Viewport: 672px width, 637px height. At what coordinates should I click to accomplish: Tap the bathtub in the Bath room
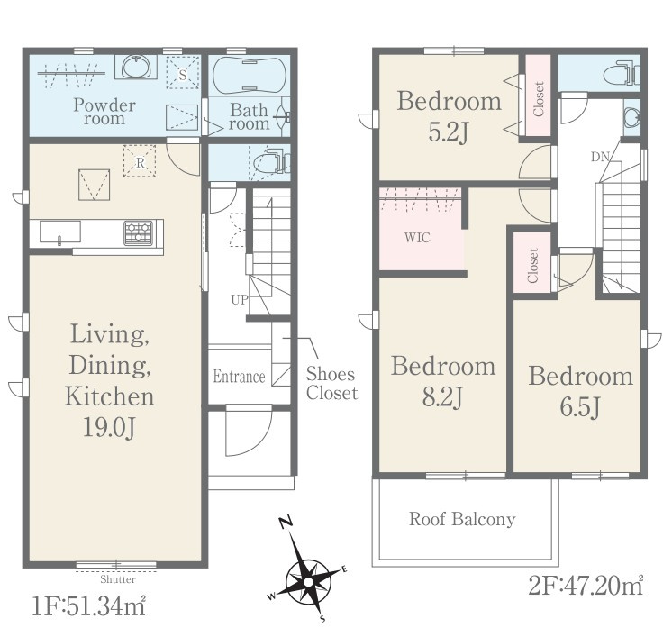(250, 76)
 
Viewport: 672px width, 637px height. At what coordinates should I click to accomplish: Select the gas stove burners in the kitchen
(139, 232)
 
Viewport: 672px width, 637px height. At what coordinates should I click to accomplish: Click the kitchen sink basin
(60, 232)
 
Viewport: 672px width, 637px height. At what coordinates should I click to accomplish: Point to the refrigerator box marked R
(140, 161)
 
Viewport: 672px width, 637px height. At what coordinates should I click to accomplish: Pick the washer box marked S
(183, 73)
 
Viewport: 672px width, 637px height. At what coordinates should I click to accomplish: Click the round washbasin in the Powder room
(136, 67)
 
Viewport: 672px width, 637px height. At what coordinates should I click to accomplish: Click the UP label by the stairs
(240, 300)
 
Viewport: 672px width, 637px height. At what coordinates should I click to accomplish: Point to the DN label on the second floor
(601, 158)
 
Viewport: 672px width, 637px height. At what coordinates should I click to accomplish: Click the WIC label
(417, 238)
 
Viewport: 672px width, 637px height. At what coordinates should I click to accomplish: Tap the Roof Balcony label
(462, 519)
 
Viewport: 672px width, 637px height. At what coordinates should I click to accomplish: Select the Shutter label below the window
(118, 579)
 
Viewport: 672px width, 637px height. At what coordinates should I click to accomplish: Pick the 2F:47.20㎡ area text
(586, 586)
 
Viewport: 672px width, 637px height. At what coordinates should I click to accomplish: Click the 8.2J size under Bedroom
(442, 397)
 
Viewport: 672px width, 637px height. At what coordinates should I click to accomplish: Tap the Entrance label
(239, 377)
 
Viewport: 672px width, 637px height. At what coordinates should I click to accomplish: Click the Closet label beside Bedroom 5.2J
(539, 98)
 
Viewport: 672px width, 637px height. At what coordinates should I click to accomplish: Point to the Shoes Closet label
(331, 383)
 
